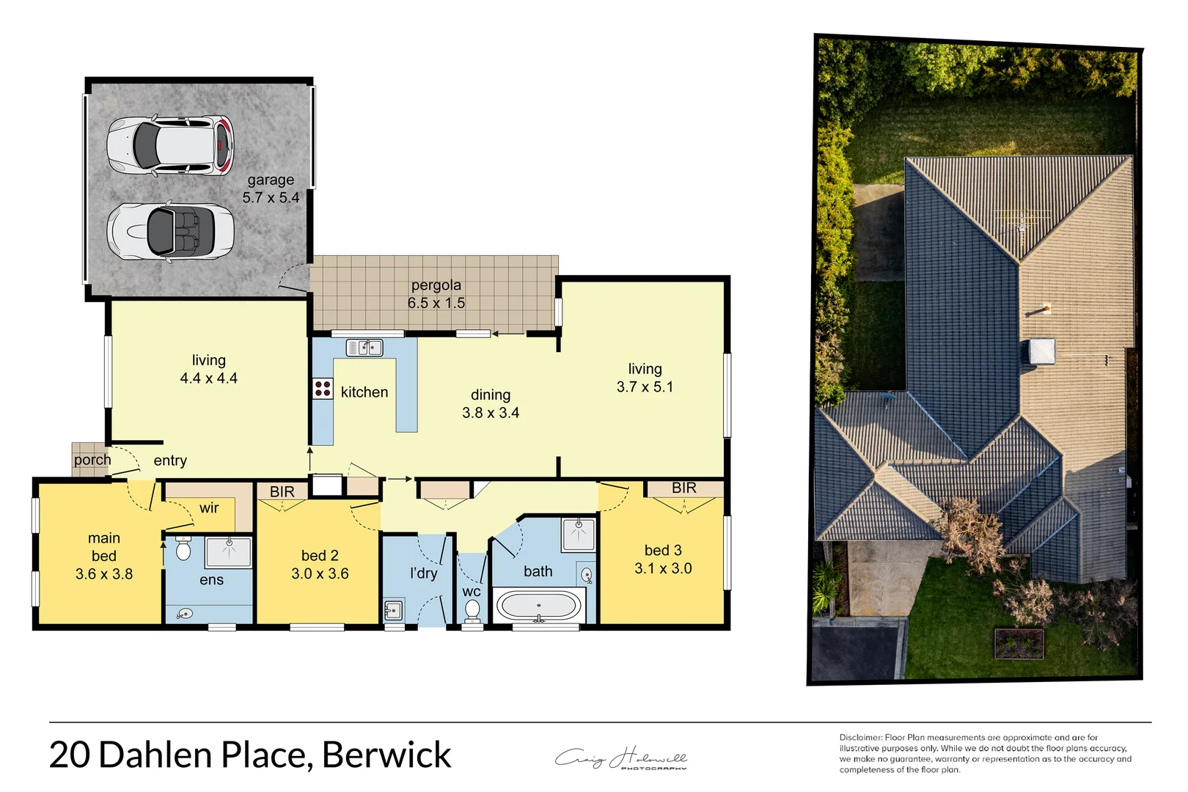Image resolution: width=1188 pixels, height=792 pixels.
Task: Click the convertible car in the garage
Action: [170, 231]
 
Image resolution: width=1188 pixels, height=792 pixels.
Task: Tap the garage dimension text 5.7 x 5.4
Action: [271, 198]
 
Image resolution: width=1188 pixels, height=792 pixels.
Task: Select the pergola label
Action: [436, 285]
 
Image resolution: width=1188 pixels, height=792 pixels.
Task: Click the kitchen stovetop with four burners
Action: [323, 389]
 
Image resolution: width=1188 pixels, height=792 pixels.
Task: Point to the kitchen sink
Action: [364, 348]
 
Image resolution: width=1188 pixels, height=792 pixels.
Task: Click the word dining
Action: [491, 395]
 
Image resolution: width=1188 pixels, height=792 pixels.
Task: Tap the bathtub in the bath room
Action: [539, 606]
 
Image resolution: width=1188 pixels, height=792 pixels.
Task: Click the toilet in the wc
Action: [472, 610]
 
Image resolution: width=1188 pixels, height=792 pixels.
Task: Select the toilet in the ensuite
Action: [183, 549]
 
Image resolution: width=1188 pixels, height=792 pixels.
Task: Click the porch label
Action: [92, 461]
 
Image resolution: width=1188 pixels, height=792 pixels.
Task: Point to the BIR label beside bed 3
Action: [683, 488]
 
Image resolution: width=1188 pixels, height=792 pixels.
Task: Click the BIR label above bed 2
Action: [282, 491]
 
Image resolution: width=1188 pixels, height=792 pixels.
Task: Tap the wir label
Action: [209, 508]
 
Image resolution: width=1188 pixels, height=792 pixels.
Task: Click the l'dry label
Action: [423, 573]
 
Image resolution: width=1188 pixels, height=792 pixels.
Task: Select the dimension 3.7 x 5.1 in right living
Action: [645, 387]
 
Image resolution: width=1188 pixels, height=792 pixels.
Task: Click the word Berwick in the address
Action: [386, 755]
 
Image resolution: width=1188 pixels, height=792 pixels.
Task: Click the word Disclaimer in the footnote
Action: [860, 738]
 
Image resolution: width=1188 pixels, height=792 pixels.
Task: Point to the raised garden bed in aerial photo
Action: [1019, 643]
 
